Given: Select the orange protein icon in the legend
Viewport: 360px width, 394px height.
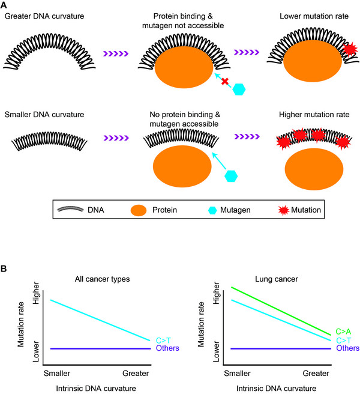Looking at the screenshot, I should [x=139, y=210].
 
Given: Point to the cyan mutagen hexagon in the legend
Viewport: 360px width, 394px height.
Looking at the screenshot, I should [x=204, y=210].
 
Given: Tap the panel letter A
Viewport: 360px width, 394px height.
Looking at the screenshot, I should [x=5, y=5].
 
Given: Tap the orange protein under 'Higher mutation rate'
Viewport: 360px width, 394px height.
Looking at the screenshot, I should [x=314, y=169].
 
